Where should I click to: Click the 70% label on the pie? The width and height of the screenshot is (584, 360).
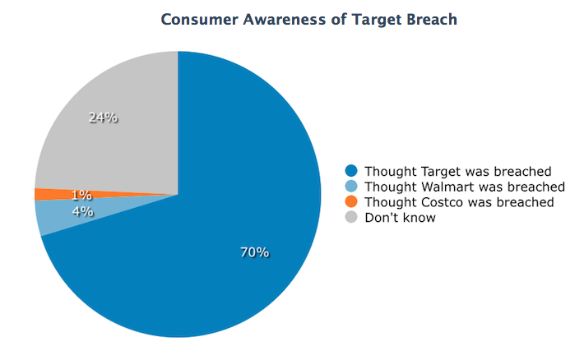pyautogui.click(x=254, y=252)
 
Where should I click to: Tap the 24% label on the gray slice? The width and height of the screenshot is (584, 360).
pyautogui.click(x=103, y=118)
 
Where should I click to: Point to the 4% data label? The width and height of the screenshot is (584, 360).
pyautogui.click(x=82, y=211)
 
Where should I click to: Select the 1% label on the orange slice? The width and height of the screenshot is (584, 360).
pyautogui.click(x=81, y=195)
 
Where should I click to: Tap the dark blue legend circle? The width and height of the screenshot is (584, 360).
pyautogui.click(x=351, y=171)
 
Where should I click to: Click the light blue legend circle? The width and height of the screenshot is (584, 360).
pyautogui.click(x=351, y=186)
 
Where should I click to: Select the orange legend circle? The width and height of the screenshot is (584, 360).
pyautogui.click(x=351, y=201)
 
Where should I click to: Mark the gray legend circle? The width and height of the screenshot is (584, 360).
pyautogui.click(x=351, y=217)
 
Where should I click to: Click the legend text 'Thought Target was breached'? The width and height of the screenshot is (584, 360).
pyautogui.click(x=457, y=171)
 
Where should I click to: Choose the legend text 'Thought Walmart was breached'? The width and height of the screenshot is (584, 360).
pyautogui.click(x=465, y=187)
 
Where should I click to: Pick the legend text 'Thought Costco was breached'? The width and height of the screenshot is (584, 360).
pyautogui.click(x=459, y=202)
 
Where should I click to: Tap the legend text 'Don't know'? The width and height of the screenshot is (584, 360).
pyautogui.click(x=400, y=218)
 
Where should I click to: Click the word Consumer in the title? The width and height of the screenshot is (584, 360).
pyautogui.click(x=199, y=20)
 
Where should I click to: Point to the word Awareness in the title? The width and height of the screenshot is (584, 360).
pyautogui.click(x=284, y=20)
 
